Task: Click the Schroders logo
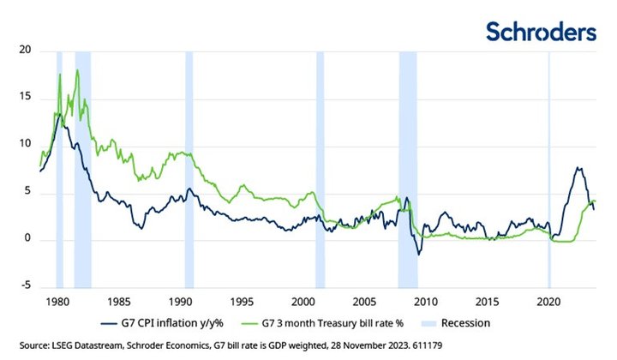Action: point(540,33)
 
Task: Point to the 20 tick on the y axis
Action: point(23,51)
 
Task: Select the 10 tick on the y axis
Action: point(23,145)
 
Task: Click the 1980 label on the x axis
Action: point(57,303)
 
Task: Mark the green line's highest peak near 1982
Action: point(77,70)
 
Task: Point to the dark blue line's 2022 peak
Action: point(579,168)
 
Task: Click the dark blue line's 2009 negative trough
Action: point(418,254)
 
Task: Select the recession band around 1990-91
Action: point(189,171)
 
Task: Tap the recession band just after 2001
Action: point(320,171)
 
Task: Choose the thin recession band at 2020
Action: point(549,171)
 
